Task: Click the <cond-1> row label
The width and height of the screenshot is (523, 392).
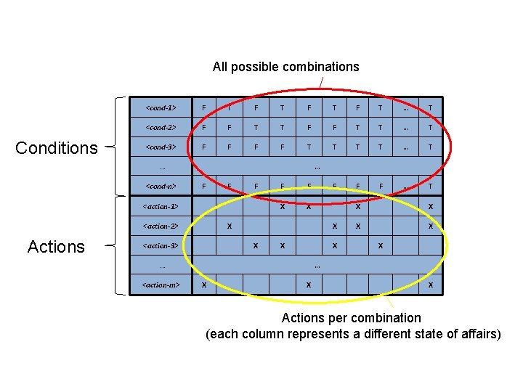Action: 161,108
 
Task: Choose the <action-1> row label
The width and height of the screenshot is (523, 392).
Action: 161,207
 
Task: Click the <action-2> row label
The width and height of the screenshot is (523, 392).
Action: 161,226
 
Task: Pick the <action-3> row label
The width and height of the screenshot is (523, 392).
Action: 161,246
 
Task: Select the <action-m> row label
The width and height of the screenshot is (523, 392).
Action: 161,285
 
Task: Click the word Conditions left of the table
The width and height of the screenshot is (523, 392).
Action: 57,148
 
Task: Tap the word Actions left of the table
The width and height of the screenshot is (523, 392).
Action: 56,247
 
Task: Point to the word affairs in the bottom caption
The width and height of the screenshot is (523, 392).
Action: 480,334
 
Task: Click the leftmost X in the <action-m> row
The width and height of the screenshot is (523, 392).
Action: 203,285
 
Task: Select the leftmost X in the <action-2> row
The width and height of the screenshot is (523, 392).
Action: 230,226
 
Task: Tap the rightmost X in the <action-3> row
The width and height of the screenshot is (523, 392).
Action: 380,246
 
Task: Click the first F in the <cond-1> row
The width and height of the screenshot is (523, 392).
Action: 203,108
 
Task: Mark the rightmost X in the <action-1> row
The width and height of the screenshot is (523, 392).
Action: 431,207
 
